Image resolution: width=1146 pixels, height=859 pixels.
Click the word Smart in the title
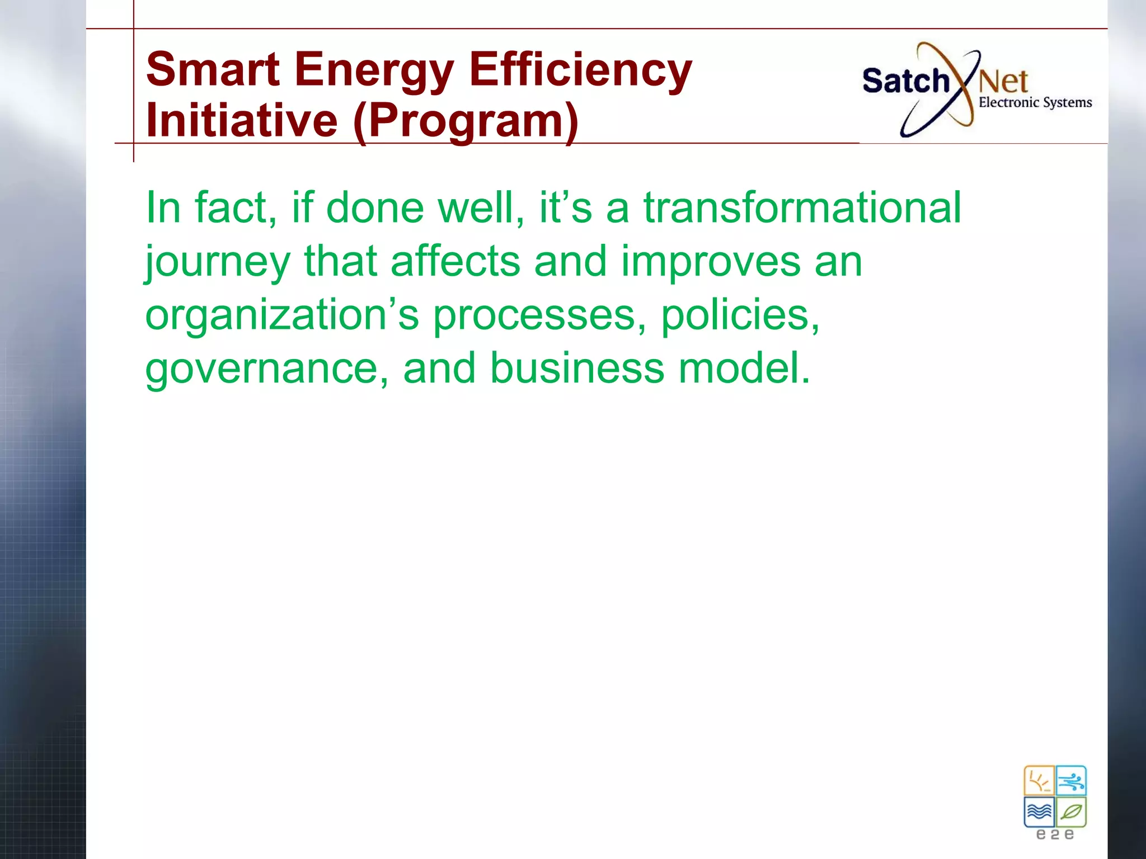pyautogui.click(x=213, y=69)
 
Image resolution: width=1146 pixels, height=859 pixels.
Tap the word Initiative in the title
pyautogui.click(x=242, y=121)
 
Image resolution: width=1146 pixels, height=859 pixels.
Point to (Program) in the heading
pyautogui.click(x=466, y=121)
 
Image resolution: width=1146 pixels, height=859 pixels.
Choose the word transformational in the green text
pyautogui.click(x=802, y=207)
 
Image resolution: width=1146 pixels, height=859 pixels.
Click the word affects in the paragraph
pyautogui.click(x=455, y=261)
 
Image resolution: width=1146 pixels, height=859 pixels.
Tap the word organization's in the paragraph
pyautogui.click(x=282, y=315)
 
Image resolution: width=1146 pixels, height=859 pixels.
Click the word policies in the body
pyautogui.click(x=740, y=315)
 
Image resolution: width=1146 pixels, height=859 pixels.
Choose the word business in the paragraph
pyautogui.click(x=577, y=369)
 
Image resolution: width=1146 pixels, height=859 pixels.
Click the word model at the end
pyautogui.click(x=744, y=369)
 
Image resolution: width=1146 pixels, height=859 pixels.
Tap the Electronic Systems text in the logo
pyautogui.click(x=1035, y=102)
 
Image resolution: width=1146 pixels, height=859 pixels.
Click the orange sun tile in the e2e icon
pyautogui.click(x=1039, y=781)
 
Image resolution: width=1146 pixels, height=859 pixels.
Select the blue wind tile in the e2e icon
pyautogui.click(x=1071, y=781)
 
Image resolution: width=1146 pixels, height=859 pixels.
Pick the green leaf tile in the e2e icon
pyautogui.click(x=1071, y=811)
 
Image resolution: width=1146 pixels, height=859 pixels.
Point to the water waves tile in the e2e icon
pyautogui.click(x=1039, y=811)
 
